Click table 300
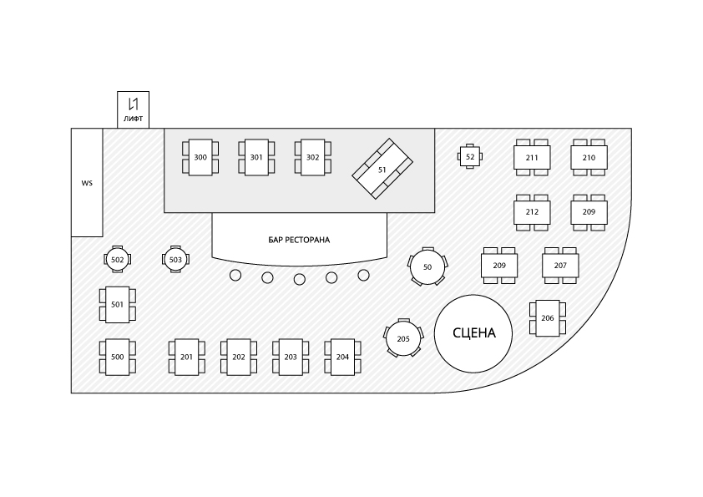tap(200, 157)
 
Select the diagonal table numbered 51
tap(382, 169)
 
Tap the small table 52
tap(470, 156)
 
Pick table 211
tap(532, 157)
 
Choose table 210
tap(589, 157)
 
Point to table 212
tap(532, 211)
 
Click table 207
tap(560, 265)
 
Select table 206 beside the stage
tap(548, 318)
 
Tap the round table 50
tap(427, 267)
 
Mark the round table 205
tap(403, 338)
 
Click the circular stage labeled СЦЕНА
tap(473, 332)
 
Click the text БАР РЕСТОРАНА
tap(299, 240)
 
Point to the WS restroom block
tap(87, 182)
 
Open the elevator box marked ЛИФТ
tap(133, 109)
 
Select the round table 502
tap(118, 260)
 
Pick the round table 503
tap(175, 260)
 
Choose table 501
tap(117, 304)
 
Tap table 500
tap(117, 357)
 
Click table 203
tap(291, 357)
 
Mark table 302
tap(312, 157)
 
